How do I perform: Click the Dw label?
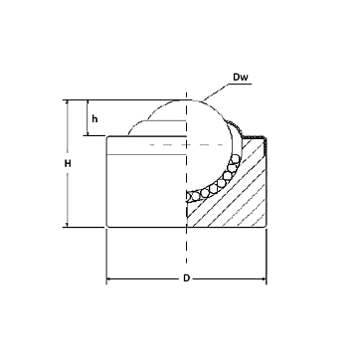(241, 78)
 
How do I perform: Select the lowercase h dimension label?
(94, 118)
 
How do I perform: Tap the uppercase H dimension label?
(68, 163)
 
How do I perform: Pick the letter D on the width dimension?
(186, 278)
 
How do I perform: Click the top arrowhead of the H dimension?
(68, 102)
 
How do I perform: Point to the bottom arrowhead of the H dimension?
(68, 225)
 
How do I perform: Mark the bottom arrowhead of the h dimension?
(88, 133)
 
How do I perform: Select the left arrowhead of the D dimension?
(109, 278)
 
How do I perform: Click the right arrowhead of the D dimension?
(264, 278)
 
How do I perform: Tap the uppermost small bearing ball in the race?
(235, 159)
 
